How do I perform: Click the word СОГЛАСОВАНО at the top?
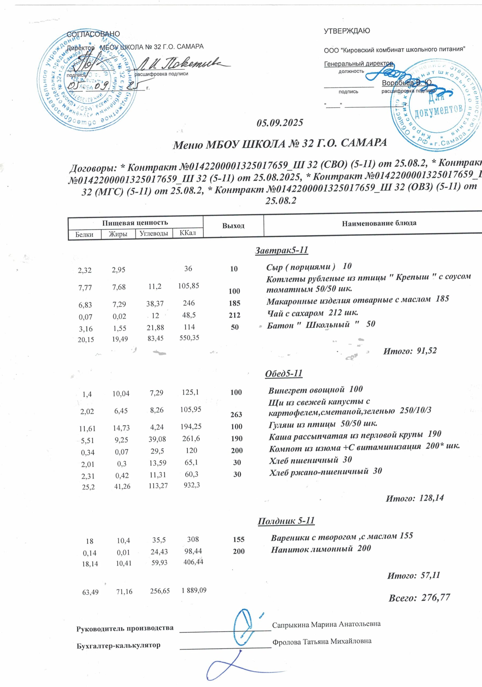coord(93,34)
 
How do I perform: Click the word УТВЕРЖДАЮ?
coord(347,31)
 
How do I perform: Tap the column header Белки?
coord(84,235)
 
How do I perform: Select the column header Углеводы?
coord(154,233)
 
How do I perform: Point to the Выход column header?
coord(233,226)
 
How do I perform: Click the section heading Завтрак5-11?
coord(281,250)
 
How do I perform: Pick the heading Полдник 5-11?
coord(286,521)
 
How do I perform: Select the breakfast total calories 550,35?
coord(189,338)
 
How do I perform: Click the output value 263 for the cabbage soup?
coord(236,414)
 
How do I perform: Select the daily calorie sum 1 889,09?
coord(194,590)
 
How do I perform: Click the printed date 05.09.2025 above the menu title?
coord(280,123)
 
